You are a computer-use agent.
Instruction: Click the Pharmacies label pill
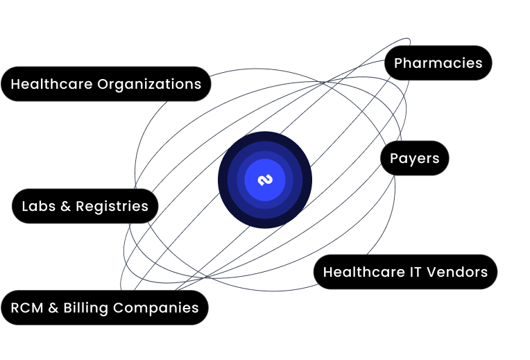tap(438, 63)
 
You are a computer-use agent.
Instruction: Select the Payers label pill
tap(415, 158)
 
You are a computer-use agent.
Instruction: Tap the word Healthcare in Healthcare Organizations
tap(51, 84)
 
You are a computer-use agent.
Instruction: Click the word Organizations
tap(149, 85)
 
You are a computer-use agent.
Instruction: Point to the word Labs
tap(39, 206)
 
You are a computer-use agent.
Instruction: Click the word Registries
tap(112, 206)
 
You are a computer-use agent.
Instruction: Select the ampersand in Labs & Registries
tap(66, 206)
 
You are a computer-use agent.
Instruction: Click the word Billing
tap(86, 308)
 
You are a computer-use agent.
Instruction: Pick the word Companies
tap(156, 308)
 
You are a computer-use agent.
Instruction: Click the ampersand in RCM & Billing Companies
tap(53, 308)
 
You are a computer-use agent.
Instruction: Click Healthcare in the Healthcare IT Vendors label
tap(364, 272)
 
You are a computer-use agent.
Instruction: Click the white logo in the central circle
tap(265, 180)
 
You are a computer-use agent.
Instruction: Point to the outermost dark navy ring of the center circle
tap(223, 180)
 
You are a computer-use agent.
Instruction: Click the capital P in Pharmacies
tap(399, 63)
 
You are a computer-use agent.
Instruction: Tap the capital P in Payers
tap(395, 159)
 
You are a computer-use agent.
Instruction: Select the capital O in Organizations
tap(103, 84)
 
